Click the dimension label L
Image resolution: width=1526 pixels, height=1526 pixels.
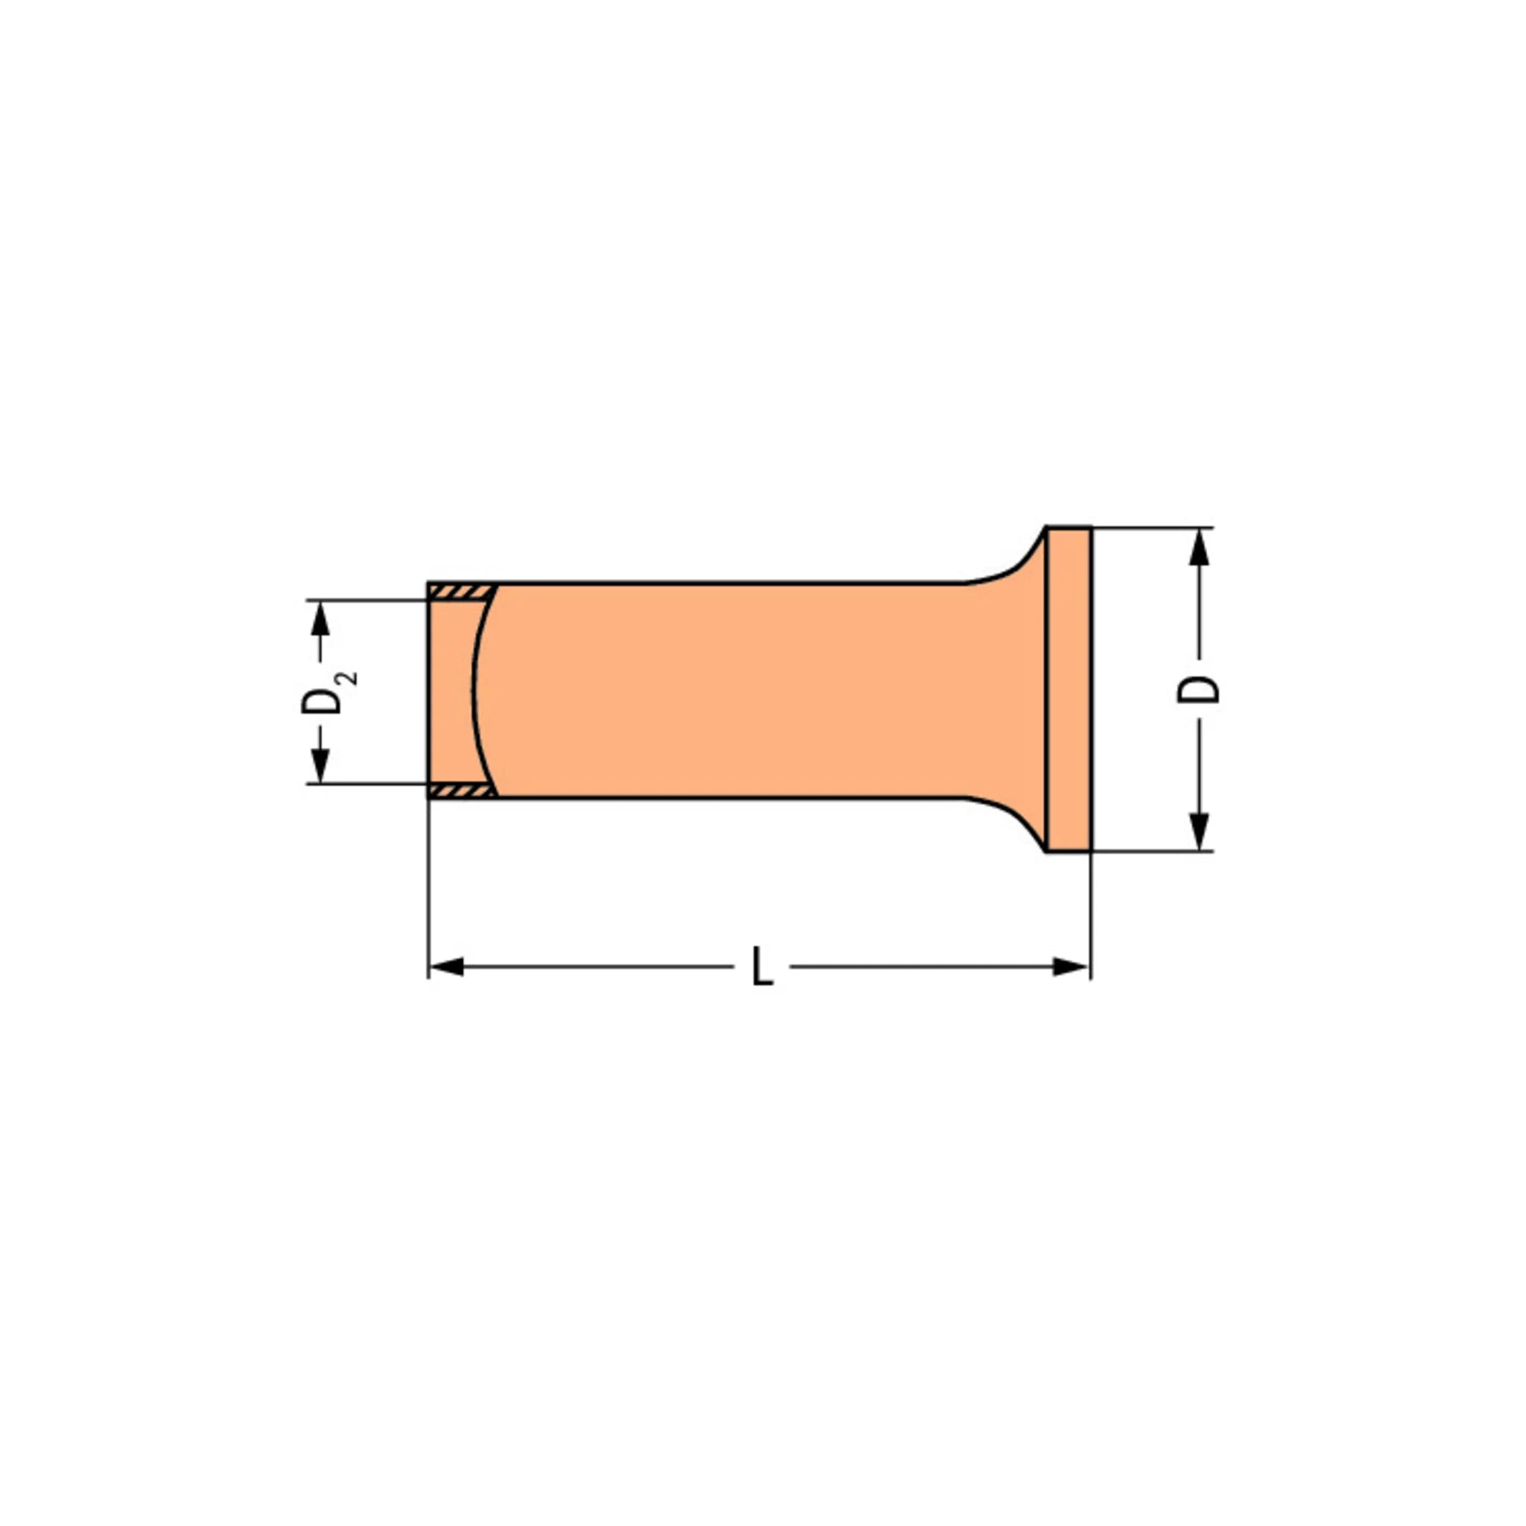(762, 965)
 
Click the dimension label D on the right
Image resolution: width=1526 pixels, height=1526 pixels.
(1198, 688)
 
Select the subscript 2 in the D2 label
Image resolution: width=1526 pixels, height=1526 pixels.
(348, 678)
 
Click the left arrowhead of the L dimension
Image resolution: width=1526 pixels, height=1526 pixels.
(446, 966)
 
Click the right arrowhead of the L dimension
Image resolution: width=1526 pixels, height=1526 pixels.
(1071, 966)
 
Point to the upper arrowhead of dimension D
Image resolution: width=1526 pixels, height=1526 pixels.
(1199, 547)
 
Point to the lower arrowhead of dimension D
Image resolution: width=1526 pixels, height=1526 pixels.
(1199, 832)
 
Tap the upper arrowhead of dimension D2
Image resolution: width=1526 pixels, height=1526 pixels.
(320, 618)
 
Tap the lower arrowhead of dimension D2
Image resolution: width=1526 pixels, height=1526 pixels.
(320, 765)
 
